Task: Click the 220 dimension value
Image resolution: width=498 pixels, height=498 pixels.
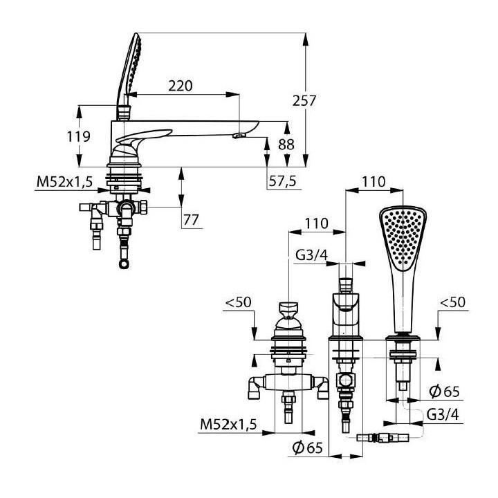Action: pyautogui.click(x=181, y=86)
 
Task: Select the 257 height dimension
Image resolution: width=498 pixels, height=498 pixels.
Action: pyautogui.click(x=304, y=101)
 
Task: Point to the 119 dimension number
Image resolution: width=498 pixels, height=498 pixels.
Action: pyautogui.click(x=78, y=136)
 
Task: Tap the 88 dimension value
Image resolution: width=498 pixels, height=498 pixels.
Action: pyautogui.click(x=286, y=145)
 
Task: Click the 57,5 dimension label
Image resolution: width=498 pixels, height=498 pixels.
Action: pyautogui.click(x=283, y=181)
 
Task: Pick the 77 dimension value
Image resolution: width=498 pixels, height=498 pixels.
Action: pyautogui.click(x=191, y=220)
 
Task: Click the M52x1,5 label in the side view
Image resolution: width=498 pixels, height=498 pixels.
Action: pyautogui.click(x=64, y=182)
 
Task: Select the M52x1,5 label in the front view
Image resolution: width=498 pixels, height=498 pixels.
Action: pyautogui.click(x=228, y=424)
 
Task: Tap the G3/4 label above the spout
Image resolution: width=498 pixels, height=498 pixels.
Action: pyautogui.click(x=311, y=255)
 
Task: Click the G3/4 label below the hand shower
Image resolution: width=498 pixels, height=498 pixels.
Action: pyautogui.click(x=443, y=414)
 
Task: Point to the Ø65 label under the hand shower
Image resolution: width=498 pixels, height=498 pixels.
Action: pyautogui.click(x=444, y=391)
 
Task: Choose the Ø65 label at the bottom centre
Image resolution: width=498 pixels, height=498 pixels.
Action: pyautogui.click(x=307, y=448)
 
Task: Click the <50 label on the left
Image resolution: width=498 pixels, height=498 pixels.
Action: pyautogui.click(x=238, y=302)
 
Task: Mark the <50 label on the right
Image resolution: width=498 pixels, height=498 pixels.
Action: pyautogui.click(x=452, y=302)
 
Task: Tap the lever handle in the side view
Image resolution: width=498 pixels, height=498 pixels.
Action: pyautogui.click(x=143, y=136)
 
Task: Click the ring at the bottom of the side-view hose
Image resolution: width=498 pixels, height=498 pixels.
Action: pyautogui.click(x=124, y=264)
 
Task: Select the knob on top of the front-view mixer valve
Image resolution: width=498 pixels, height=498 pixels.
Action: pyautogui.click(x=288, y=309)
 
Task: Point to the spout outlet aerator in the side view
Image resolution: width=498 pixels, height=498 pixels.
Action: pyautogui.click(x=239, y=136)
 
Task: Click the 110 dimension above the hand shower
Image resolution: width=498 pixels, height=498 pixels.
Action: pyautogui.click(x=373, y=182)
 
